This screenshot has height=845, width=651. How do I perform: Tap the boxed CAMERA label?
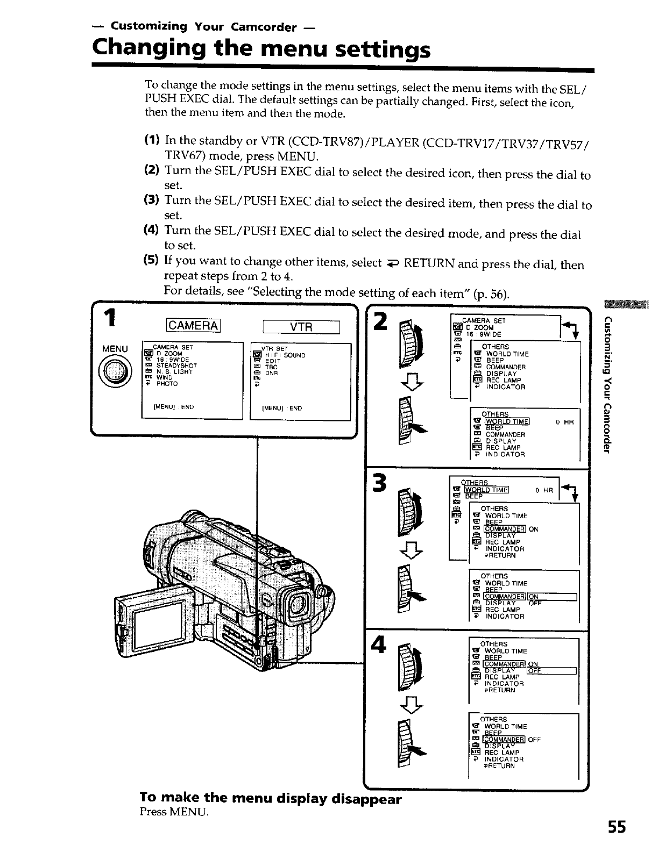tap(194, 326)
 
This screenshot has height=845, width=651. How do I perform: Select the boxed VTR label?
tap(301, 326)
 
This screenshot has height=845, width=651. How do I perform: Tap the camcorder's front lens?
tap(299, 605)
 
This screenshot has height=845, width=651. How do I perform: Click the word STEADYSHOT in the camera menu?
tap(176, 366)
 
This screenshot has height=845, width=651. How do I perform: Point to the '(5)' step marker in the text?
tap(151, 261)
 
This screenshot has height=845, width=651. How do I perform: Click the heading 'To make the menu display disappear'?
tap(270, 798)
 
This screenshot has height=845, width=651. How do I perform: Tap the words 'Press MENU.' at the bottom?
tap(173, 812)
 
